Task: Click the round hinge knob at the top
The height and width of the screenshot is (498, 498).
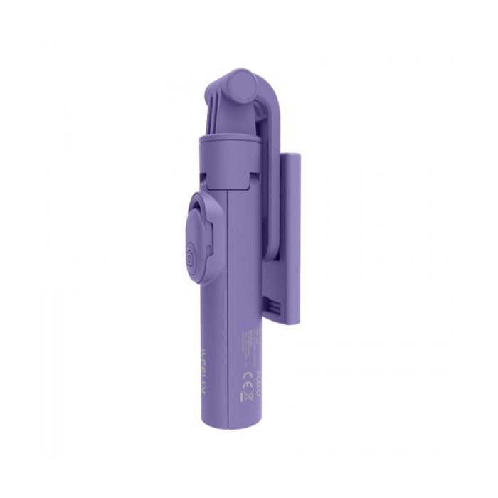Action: pos(243,89)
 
